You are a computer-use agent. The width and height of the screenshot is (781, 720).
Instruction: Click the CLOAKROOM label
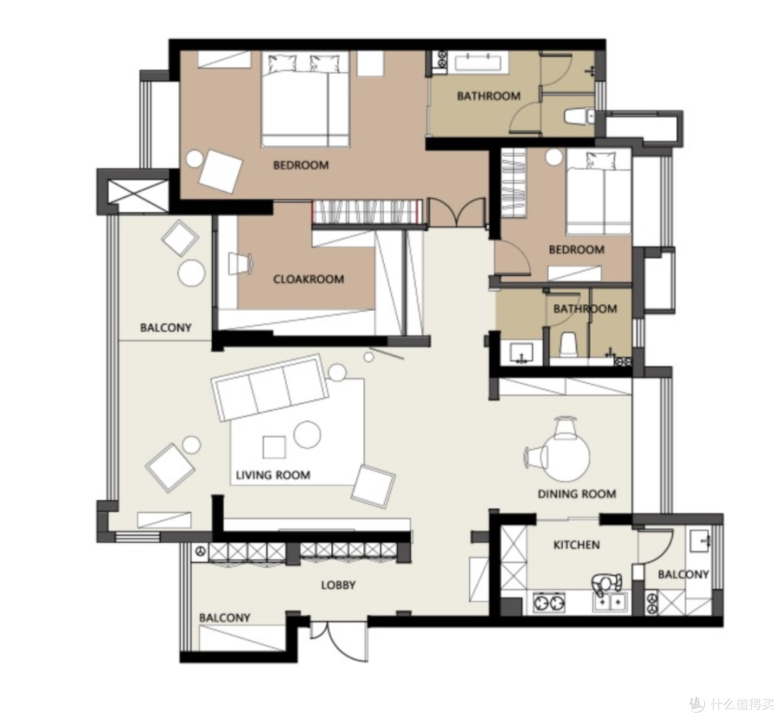(x=308, y=279)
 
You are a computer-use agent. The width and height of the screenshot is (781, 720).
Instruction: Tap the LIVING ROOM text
(x=273, y=475)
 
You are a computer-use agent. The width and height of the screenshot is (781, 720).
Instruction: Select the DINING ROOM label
(x=577, y=494)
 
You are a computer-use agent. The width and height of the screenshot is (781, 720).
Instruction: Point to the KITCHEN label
(x=577, y=545)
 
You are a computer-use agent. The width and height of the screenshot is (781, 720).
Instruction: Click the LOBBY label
(x=338, y=585)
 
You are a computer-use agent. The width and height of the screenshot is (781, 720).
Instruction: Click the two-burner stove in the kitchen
(x=550, y=602)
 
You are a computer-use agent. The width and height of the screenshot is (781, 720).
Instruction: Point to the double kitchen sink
(x=611, y=602)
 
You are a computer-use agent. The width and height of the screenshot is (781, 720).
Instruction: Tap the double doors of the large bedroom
(x=457, y=212)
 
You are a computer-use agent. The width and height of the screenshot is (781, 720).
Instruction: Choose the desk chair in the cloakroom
(x=239, y=263)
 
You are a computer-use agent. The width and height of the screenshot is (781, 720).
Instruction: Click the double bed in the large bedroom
(x=305, y=99)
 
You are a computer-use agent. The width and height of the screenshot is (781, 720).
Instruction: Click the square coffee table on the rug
(x=275, y=447)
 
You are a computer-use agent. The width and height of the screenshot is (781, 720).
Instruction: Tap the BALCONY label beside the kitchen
(x=683, y=575)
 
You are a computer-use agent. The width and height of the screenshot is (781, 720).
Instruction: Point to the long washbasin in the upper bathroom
(x=481, y=62)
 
